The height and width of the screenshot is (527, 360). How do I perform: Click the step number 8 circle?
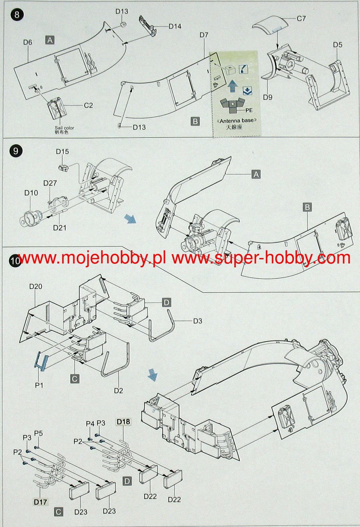[17, 14]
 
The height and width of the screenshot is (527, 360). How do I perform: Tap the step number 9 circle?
[16, 151]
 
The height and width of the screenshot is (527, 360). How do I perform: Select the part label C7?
[301, 19]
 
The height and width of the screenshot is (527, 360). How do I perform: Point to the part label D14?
[175, 26]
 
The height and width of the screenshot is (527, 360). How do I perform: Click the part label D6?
[27, 42]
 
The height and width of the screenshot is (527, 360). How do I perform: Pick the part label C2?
[88, 105]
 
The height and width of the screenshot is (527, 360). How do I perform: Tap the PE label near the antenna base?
[249, 110]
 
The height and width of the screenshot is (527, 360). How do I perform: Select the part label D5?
[338, 45]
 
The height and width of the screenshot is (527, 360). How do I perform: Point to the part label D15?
[63, 152]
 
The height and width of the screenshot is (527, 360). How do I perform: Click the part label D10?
[31, 193]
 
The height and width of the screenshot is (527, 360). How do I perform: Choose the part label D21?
[60, 228]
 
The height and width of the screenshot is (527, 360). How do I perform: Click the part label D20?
[36, 286]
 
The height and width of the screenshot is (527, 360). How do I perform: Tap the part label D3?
[198, 321]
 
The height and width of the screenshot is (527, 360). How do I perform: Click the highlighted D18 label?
[124, 422]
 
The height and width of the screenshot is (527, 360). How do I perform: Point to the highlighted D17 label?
[40, 502]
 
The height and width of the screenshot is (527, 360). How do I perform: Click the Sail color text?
[64, 128]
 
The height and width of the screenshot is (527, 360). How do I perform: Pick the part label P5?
[39, 433]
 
